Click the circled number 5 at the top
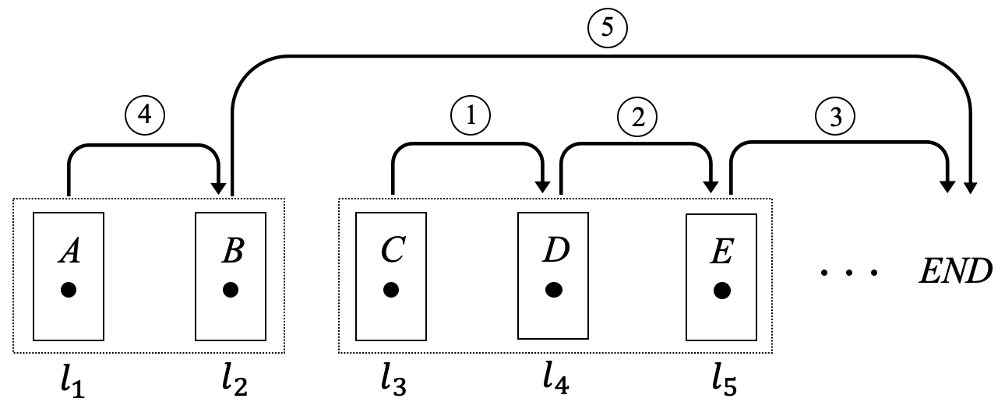[608, 27]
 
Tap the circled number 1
[470, 115]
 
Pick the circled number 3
[835, 117]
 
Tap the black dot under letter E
[722, 290]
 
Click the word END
[954, 272]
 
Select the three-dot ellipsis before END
[848, 273]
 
